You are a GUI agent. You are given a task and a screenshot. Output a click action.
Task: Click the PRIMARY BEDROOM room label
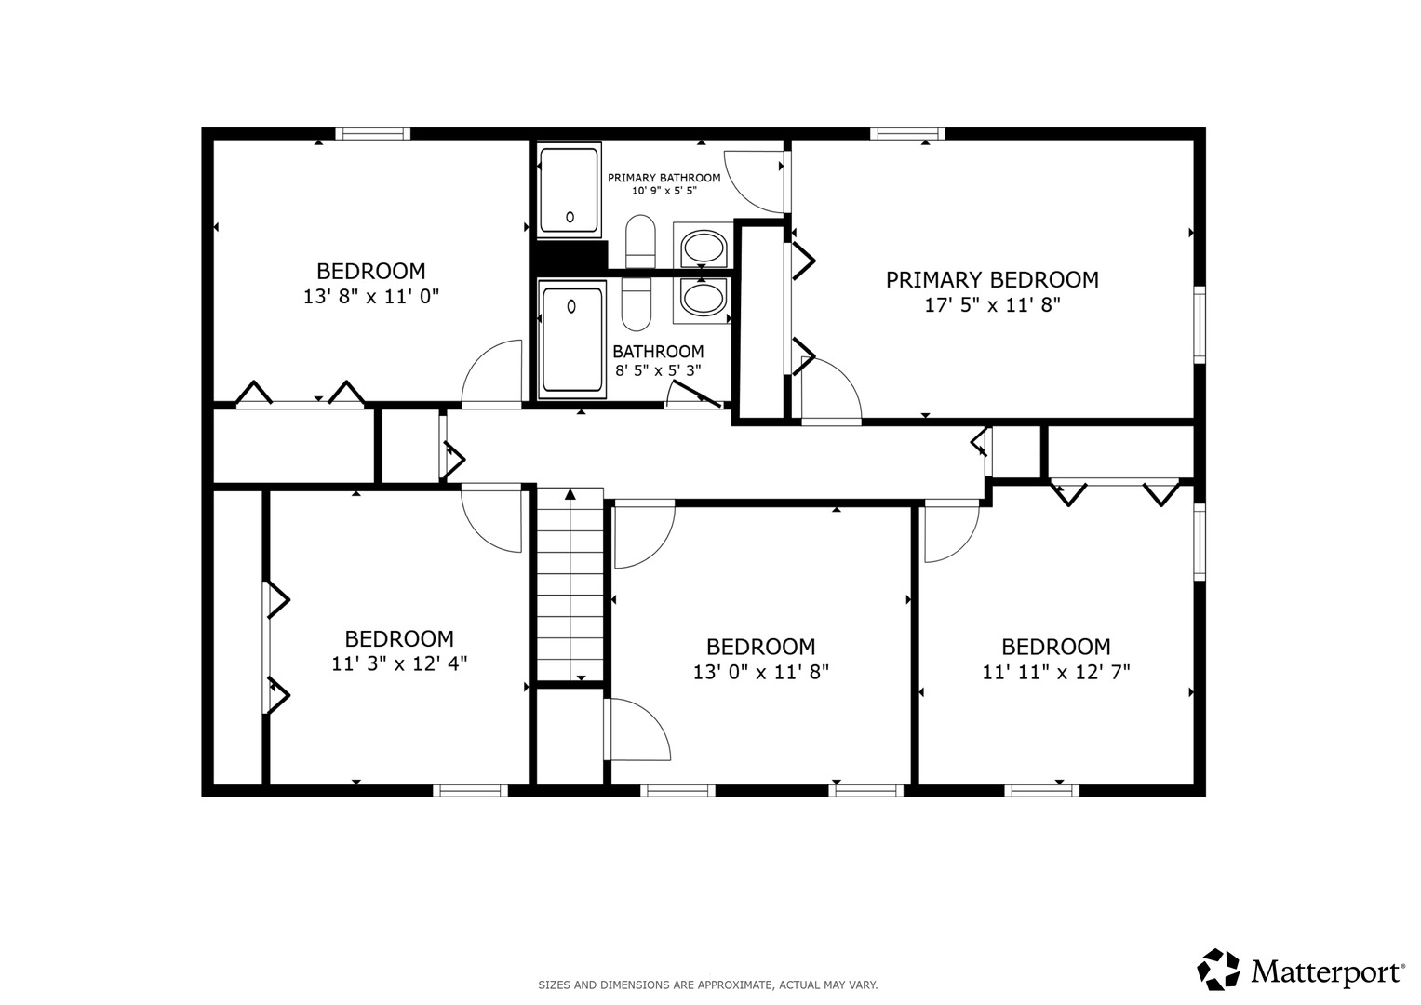click(991, 280)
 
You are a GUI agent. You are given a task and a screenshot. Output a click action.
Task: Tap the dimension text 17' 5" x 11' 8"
click(991, 305)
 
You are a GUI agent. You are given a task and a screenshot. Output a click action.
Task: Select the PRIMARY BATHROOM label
click(664, 178)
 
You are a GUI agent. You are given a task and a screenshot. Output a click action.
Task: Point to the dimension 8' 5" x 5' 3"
click(658, 370)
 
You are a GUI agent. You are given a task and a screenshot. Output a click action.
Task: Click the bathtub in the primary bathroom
click(569, 191)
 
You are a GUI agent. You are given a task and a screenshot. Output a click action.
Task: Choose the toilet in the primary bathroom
click(640, 242)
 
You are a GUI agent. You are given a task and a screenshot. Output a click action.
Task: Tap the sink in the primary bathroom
click(703, 248)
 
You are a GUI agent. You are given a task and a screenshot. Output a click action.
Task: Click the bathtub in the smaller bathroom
click(571, 340)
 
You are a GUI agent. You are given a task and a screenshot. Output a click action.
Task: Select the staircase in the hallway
click(570, 584)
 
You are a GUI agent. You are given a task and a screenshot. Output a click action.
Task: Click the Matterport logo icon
click(1218, 970)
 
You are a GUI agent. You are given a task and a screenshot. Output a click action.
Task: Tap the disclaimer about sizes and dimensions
click(708, 985)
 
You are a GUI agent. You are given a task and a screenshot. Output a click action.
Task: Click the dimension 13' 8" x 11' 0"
click(371, 296)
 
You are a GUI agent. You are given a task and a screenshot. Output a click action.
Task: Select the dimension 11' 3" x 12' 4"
click(399, 663)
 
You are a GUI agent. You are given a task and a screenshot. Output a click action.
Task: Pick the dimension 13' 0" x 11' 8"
click(760, 672)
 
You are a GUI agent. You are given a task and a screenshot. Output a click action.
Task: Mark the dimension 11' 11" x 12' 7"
click(1056, 672)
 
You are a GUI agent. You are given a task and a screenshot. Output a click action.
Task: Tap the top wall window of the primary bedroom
click(907, 133)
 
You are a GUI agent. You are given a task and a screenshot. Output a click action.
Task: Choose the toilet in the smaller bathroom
click(637, 304)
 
